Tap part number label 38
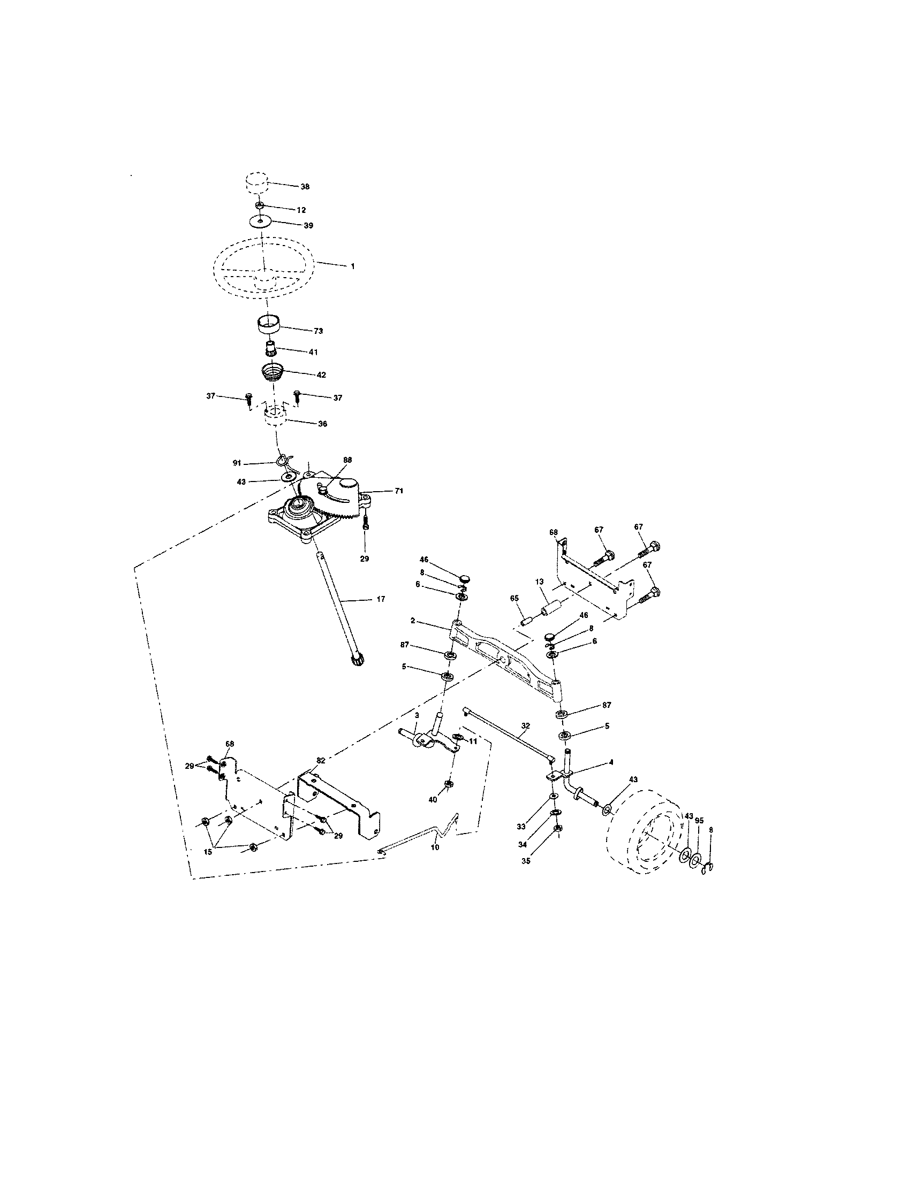(x=305, y=187)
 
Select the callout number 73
(x=318, y=331)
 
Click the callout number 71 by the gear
(x=398, y=491)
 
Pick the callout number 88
(x=347, y=460)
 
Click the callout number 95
(x=699, y=820)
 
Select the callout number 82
(x=321, y=760)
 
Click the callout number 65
(x=514, y=599)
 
